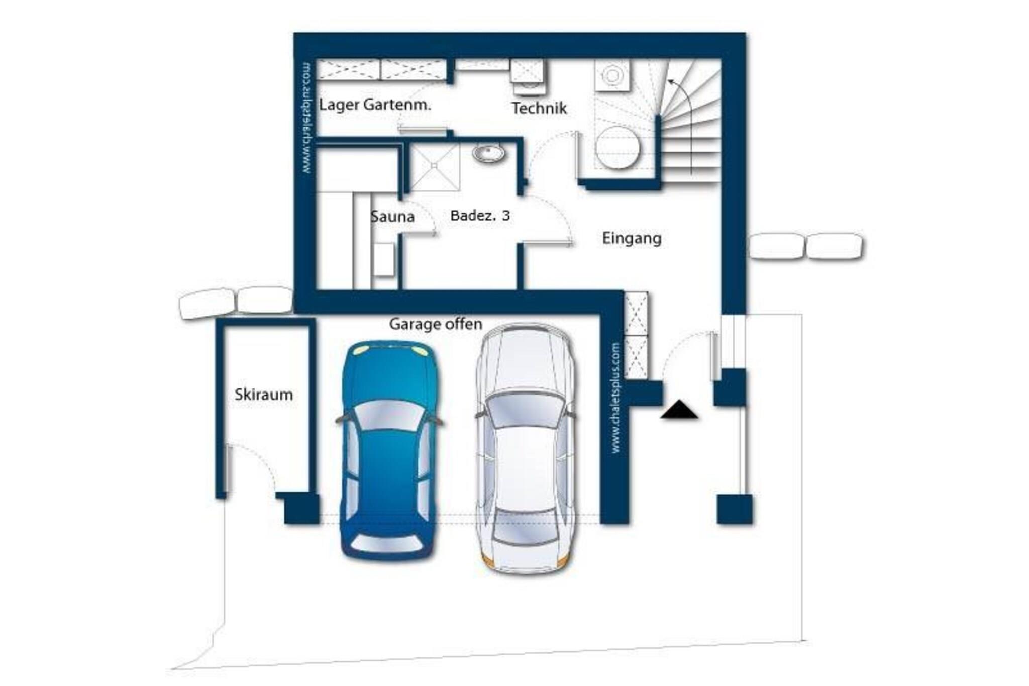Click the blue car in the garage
(x=389, y=450)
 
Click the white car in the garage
(x=525, y=448)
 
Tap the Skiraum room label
(x=264, y=395)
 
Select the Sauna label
(x=392, y=217)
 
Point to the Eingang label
(x=632, y=238)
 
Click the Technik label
(x=539, y=108)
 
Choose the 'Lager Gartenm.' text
(x=375, y=105)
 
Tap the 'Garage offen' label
(x=436, y=324)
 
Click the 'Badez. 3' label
(x=480, y=216)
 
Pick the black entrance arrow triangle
(x=679, y=409)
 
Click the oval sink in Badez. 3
(x=489, y=153)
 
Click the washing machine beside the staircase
(x=612, y=75)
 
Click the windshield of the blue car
(x=389, y=415)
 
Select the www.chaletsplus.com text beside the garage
(x=615, y=398)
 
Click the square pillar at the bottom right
(x=735, y=509)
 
